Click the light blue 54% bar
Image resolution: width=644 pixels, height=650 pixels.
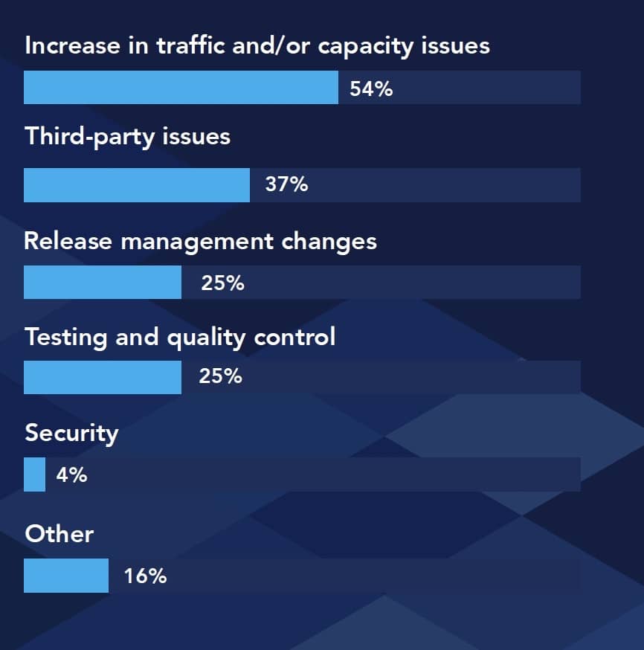[x=181, y=88]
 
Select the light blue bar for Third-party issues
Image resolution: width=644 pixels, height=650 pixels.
[x=137, y=185]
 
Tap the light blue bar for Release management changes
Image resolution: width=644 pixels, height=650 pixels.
[x=103, y=283]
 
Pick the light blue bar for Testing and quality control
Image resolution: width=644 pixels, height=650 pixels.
[x=103, y=377]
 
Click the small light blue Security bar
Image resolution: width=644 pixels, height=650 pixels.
[x=34, y=474]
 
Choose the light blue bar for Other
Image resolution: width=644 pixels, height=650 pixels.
[x=66, y=576]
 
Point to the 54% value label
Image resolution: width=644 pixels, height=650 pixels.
[x=371, y=89]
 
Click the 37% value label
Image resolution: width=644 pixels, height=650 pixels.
[x=286, y=184]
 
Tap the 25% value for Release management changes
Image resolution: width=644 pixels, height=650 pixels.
[x=222, y=283]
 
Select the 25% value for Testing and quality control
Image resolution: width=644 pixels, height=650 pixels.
[x=220, y=377]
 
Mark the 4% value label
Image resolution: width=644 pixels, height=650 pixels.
[x=71, y=474]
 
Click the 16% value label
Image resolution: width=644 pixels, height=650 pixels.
[x=145, y=576]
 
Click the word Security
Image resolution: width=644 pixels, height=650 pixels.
[x=71, y=434]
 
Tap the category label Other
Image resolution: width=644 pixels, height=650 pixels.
[x=59, y=534]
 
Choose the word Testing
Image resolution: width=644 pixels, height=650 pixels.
[x=66, y=338]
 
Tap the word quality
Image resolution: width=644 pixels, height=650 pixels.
[x=206, y=338]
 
